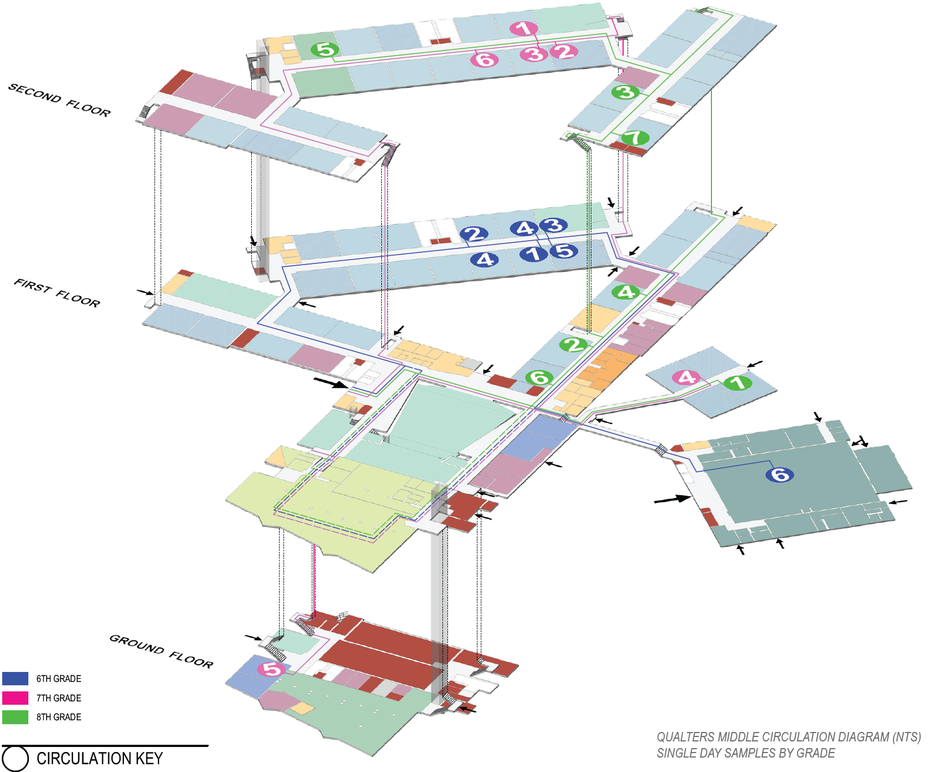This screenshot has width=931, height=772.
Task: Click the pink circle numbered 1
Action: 523,28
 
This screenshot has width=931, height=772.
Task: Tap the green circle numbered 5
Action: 325,50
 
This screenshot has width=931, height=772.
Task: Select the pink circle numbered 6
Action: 485,59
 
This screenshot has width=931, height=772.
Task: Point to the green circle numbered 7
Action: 634,137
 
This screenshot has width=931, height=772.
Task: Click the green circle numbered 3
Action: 625,92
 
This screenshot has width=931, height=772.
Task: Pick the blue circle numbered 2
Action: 474,234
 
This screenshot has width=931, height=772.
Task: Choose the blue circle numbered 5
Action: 564,251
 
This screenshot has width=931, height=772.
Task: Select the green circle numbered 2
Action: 573,345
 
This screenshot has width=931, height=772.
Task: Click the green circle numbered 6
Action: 539,378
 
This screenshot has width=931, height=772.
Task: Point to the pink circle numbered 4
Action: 686,378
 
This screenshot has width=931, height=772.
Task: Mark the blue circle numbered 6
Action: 779,475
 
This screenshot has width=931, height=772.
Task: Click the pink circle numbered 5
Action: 272,669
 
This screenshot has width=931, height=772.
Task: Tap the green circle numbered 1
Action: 738,383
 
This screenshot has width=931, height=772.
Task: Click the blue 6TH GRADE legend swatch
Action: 15,679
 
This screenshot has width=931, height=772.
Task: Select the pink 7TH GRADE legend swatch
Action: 15,698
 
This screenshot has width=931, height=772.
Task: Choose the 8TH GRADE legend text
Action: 59,717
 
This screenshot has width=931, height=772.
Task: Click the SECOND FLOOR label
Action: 59,100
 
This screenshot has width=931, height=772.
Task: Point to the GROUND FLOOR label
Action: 161,651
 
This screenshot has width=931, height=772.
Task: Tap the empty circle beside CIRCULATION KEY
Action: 15,759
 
